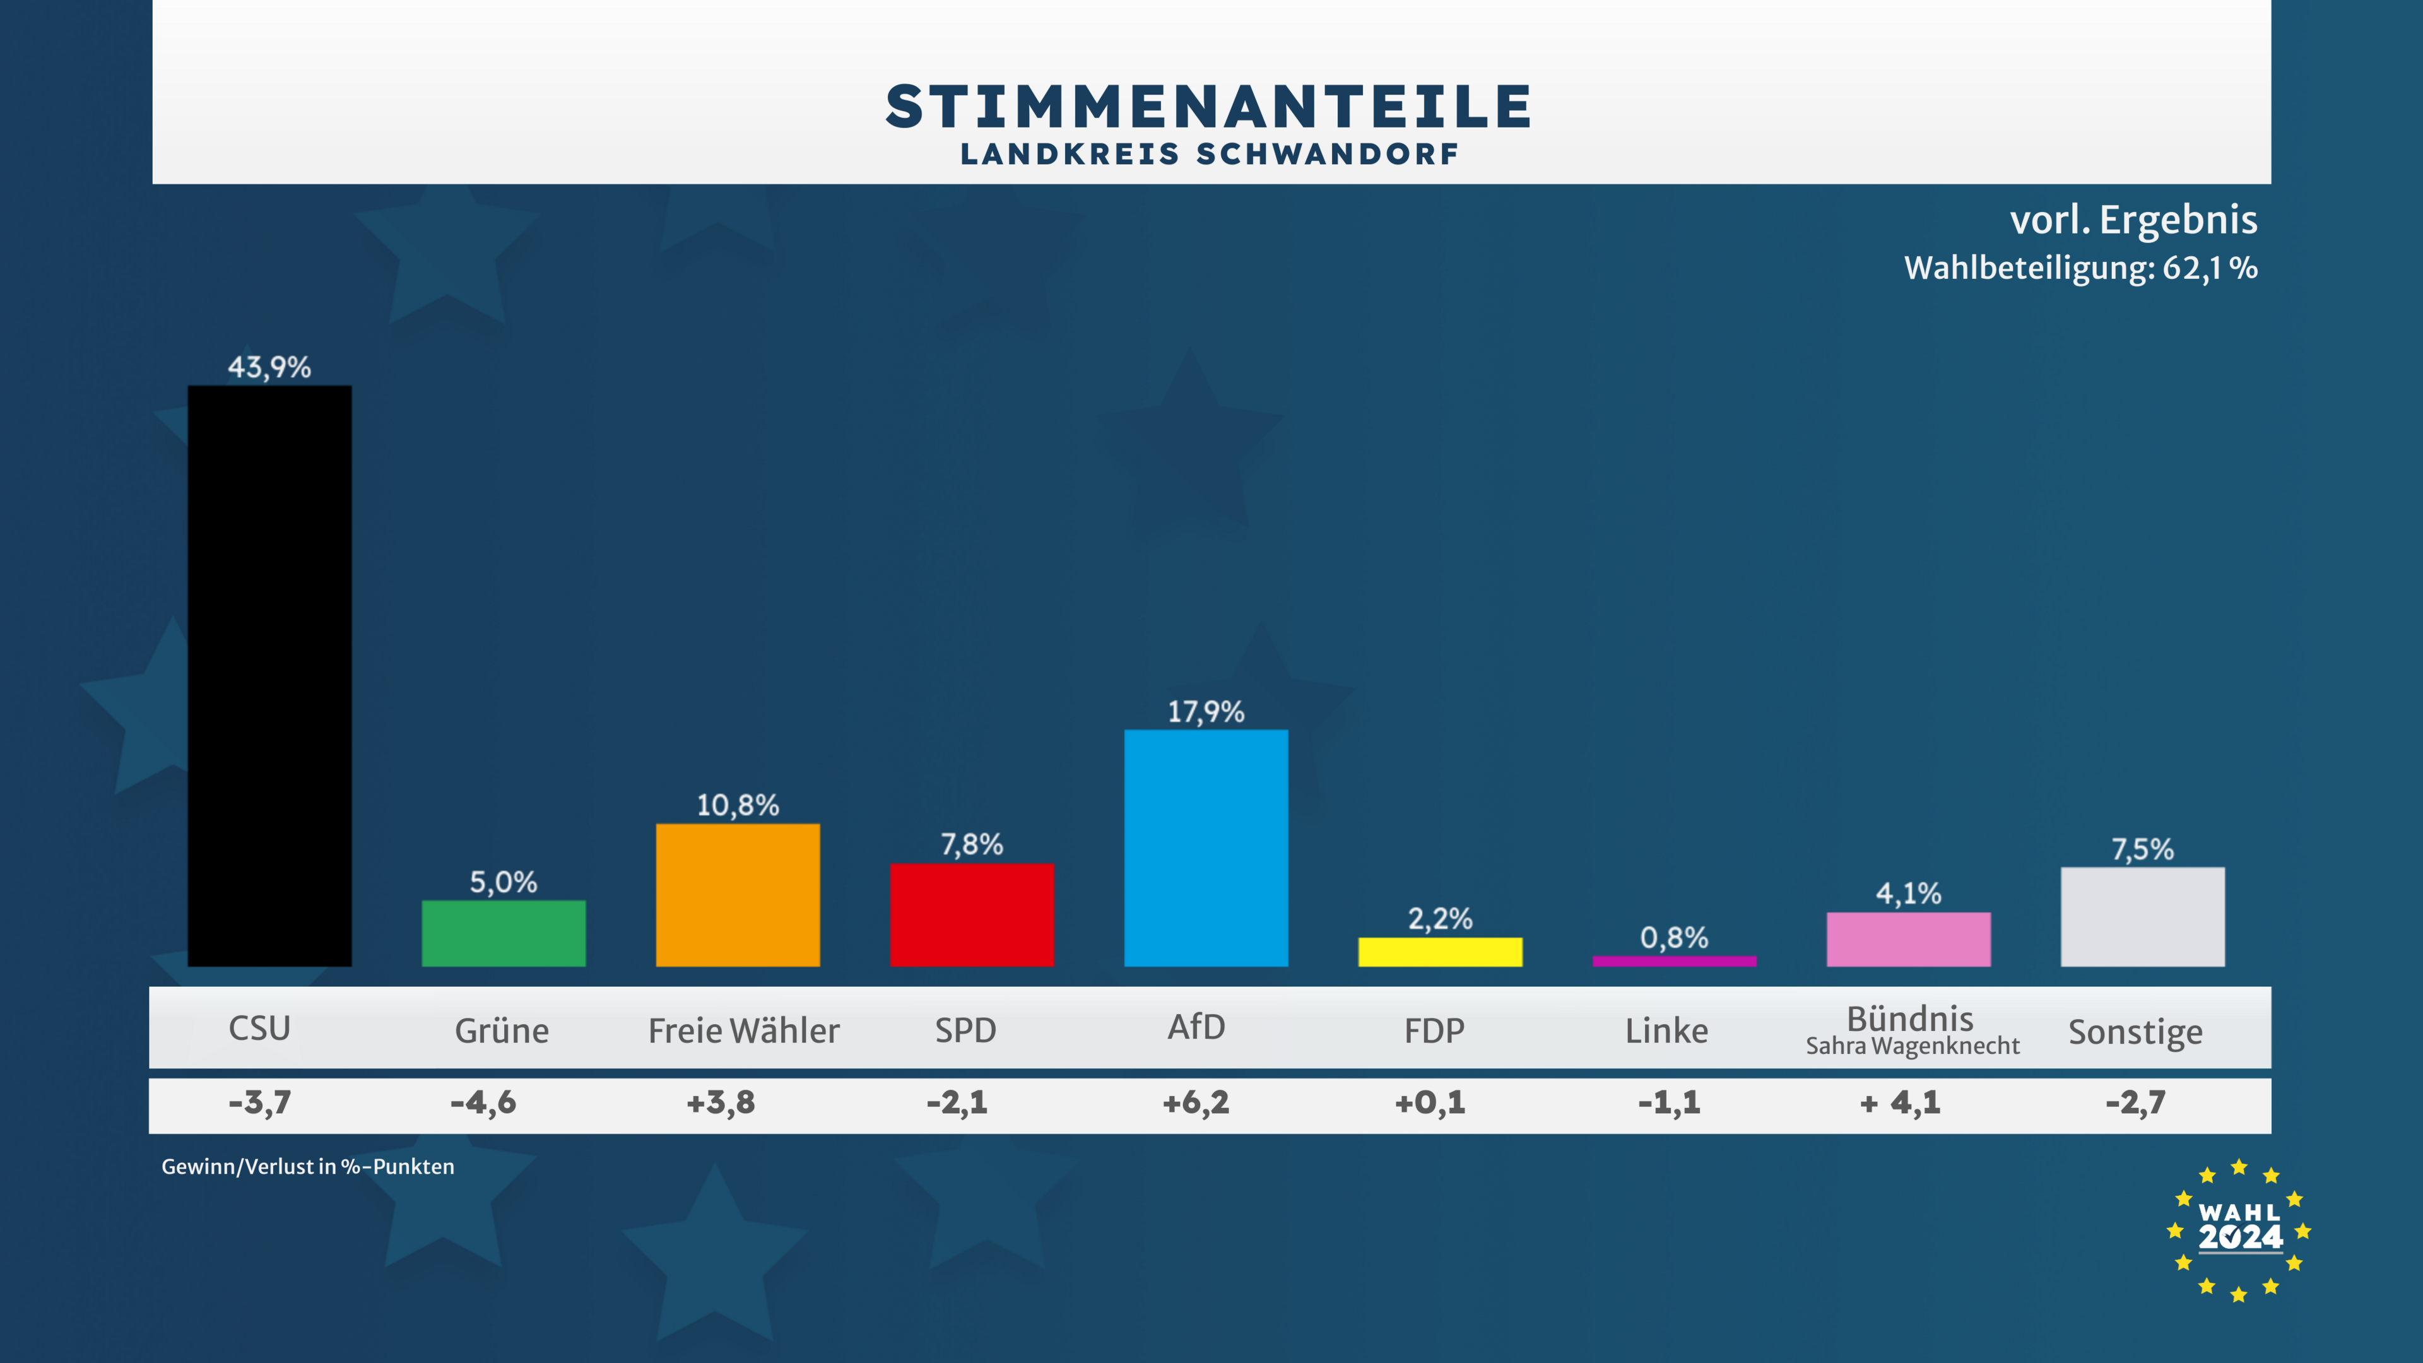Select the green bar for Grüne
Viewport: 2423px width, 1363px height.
pyautogui.click(x=504, y=933)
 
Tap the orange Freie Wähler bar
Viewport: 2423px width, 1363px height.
pyautogui.click(x=738, y=895)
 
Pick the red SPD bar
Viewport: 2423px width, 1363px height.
pyautogui.click(x=972, y=914)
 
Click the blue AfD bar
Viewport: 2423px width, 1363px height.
pyautogui.click(x=1206, y=847)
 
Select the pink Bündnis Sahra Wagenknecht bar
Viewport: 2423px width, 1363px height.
pyautogui.click(x=1909, y=939)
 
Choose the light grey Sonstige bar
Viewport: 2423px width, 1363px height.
pyautogui.click(x=2143, y=916)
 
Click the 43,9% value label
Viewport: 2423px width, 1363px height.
pyautogui.click(x=269, y=367)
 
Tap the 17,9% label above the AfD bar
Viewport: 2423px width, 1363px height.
pyautogui.click(x=1206, y=712)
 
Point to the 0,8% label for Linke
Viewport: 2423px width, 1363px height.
pyautogui.click(x=1674, y=937)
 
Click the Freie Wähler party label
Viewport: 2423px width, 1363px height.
pyautogui.click(x=743, y=1031)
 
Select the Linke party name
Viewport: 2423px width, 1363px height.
pyautogui.click(x=1666, y=1031)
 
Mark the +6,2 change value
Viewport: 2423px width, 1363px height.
pyautogui.click(x=1196, y=1102)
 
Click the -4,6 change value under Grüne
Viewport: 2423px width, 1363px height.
pyautogui.click(x=483, y=1102)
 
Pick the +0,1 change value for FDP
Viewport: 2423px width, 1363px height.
pyautogui.click(x=1430, y=1102)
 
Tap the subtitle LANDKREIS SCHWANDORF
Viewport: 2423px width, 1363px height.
pyautogui.click(x=1210, y=154)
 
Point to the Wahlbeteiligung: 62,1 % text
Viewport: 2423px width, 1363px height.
pyautogui.click(x=2080, y=268)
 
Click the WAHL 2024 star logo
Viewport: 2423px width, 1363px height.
pyautogui.click(x=2239, y=1231)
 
